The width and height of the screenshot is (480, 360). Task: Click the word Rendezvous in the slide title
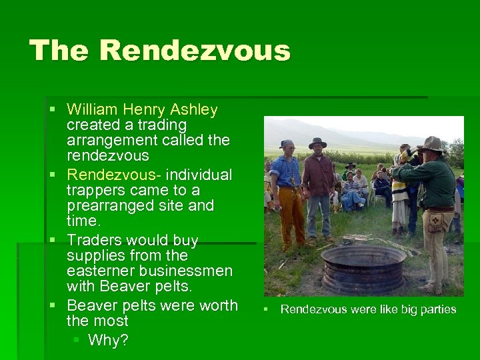pos(198,51)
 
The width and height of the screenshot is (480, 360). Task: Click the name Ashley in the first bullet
pos(194,109)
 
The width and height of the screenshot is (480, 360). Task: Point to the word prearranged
pos(117,206)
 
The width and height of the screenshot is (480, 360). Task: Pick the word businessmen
pos(189,271)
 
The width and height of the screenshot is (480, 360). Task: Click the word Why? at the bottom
pos(108,340)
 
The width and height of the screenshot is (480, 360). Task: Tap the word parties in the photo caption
pos(436,309)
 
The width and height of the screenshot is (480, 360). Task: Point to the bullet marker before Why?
pos(76,340)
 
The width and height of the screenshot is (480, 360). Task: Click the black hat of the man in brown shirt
pos(317,142)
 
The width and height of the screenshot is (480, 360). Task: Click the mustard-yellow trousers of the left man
pos(291,213)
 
